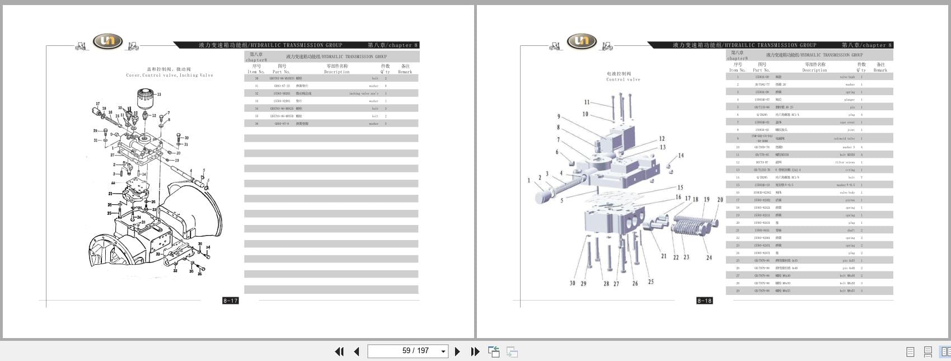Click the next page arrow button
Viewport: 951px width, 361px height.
click(x=457, y=351)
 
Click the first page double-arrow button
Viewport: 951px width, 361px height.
click(x=339, y=351)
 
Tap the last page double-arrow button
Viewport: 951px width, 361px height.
click(x=475, y=351)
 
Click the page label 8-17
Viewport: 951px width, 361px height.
click(x=231, y=301)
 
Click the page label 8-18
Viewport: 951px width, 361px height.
click(x=704, y=301)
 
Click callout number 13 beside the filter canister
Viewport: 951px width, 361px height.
click(x=159, y=95)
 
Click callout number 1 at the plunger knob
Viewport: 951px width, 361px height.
click(x=528, y=180)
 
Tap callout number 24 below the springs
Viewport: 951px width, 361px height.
click(x=709, y=257)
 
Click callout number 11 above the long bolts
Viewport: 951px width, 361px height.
click(x=587, y=102)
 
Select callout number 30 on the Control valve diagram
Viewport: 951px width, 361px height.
click(x=572, y=283)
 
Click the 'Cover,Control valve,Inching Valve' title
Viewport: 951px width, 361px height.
click(x=170, y=75)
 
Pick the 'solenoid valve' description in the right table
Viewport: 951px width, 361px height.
click(x=844, y=138)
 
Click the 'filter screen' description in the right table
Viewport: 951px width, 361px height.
click(x=845, y=162)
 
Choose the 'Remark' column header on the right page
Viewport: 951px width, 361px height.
click(x=880, y=70)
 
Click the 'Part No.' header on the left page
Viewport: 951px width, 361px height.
click(x=281, y=72)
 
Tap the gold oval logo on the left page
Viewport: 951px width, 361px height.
click(x=107, y=41)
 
